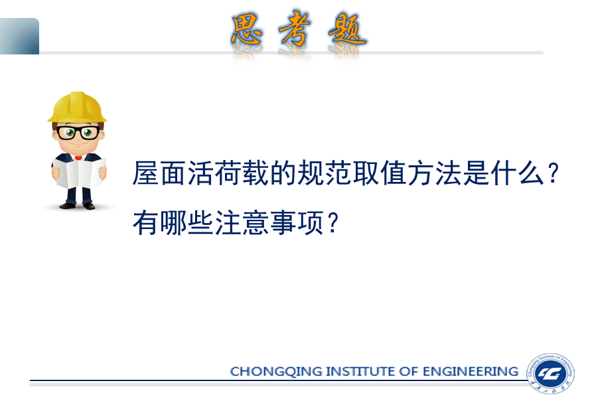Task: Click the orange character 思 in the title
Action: click(247, 30)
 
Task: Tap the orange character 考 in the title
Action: click(295, 29)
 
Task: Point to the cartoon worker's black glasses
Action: click(78, 132)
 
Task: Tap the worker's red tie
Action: click(78, 157)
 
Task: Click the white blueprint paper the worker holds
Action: click(79, 173)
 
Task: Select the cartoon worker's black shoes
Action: click(78, 206)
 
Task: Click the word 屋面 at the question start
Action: click(159, 173)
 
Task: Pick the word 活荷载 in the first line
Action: click(228, 173)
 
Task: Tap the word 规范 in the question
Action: click(311, 173)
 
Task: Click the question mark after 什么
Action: click(554, 173)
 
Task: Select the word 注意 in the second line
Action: click(242, 223)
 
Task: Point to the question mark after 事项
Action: click(333, 223)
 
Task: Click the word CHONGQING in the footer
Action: click(276, 371)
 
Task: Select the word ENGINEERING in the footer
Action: click(470, 371)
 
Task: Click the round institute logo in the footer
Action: click(550, 374)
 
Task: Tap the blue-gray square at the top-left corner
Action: click(19, 36)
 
